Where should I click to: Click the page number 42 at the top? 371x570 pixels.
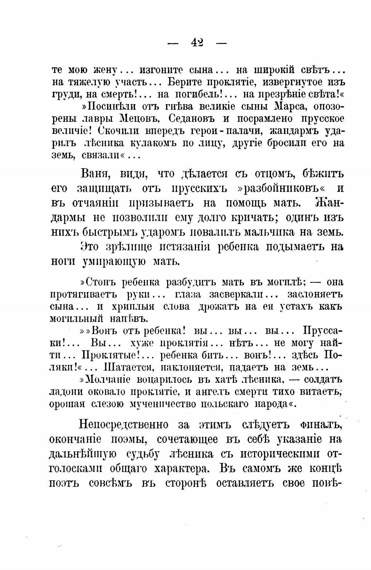pyautogui.click(x=197, y=42)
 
